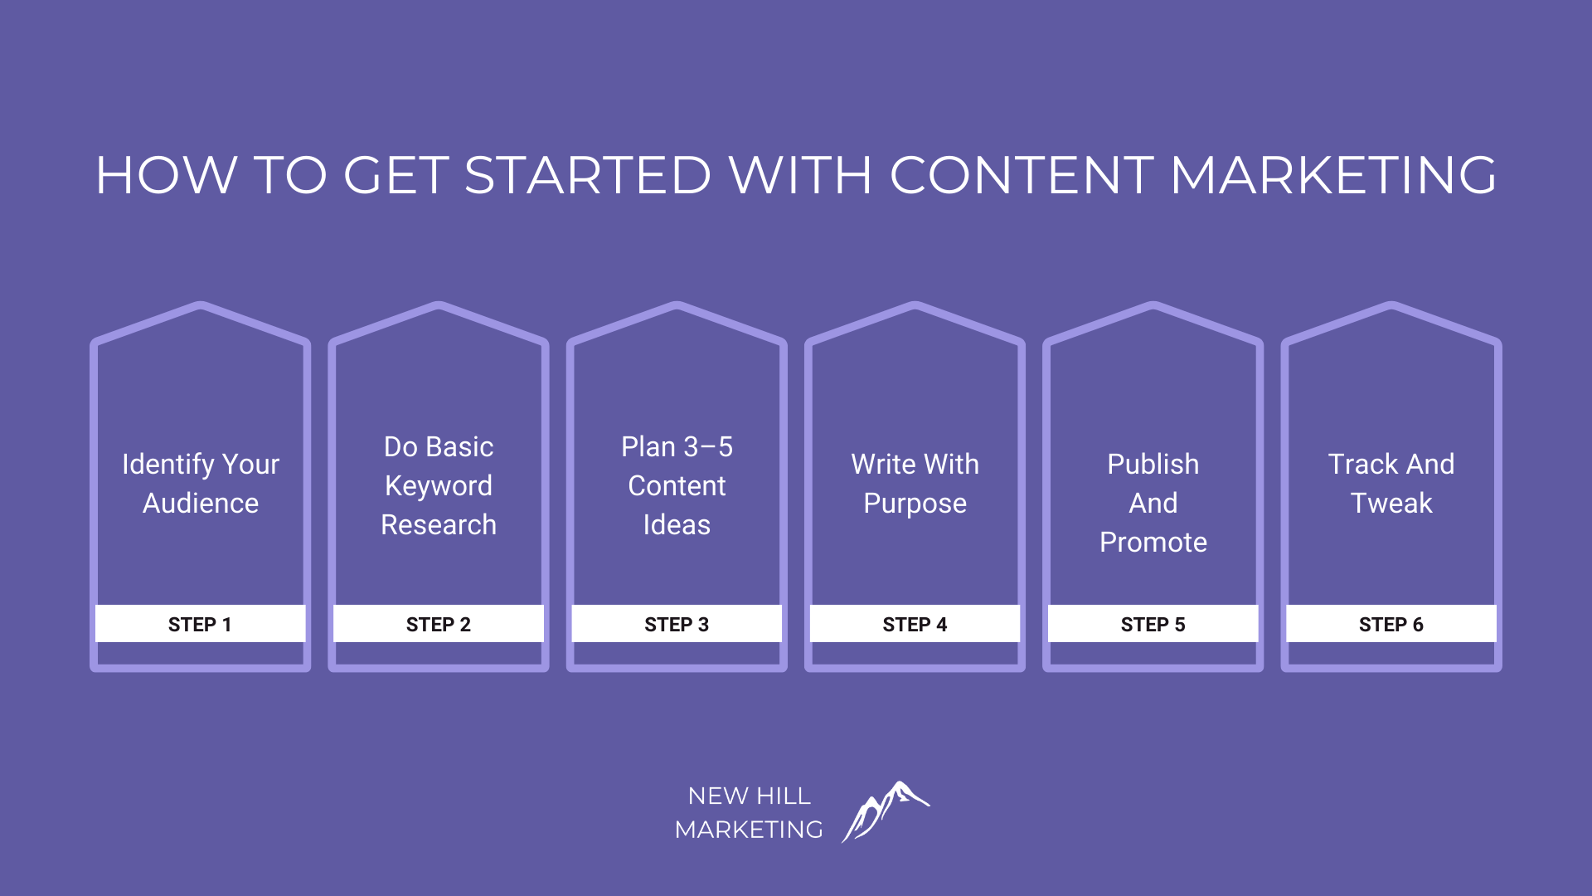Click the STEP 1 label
[x=200, y=625]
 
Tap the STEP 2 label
[x=438, y=625]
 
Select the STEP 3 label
[x=677, y=625]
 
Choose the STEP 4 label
[x=915, y=625]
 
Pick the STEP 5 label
[x=1153, y=625]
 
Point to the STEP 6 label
[x=1391, y=625]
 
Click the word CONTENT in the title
[x=1022, y=175]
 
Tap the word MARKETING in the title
[x=1333, y=175]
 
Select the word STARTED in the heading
[x=588, y=175]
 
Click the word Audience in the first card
[x=201, y=504]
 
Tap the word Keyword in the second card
[x=439, y=486]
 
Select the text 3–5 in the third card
[x=708, y=447]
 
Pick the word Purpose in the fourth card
[x=915, y=504]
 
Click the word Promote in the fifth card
[x=1153, y=543]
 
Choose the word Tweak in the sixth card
[x=1391, y=504]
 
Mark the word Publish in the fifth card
[x=1153, y=465]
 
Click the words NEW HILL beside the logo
[x=750, y=796]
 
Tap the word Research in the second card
[x=439, y=525]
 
